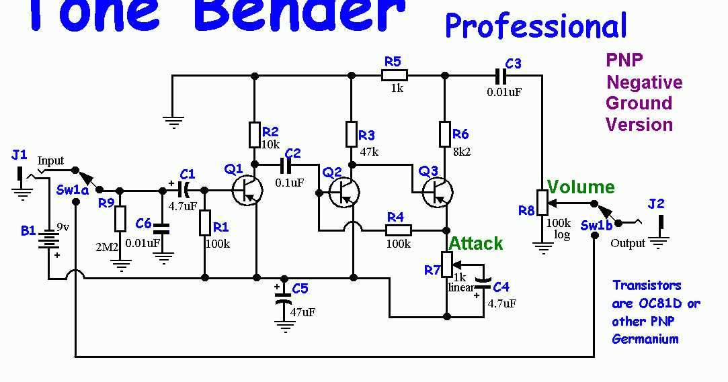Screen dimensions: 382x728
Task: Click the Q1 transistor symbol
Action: (247, 190)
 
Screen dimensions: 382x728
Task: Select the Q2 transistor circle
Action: (344, 191)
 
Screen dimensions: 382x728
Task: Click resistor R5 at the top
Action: (396, 76)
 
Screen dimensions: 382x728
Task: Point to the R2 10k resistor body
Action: (254, 134)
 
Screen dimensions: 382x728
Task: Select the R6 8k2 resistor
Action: (444, 134)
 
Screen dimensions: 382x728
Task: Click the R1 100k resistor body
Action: (205, 222)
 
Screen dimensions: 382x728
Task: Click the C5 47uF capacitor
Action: (284, 297)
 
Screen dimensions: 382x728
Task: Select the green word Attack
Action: (476, 243)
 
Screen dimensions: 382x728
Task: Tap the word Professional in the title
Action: (536, 26)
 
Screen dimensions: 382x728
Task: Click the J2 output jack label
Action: (655, 203)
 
